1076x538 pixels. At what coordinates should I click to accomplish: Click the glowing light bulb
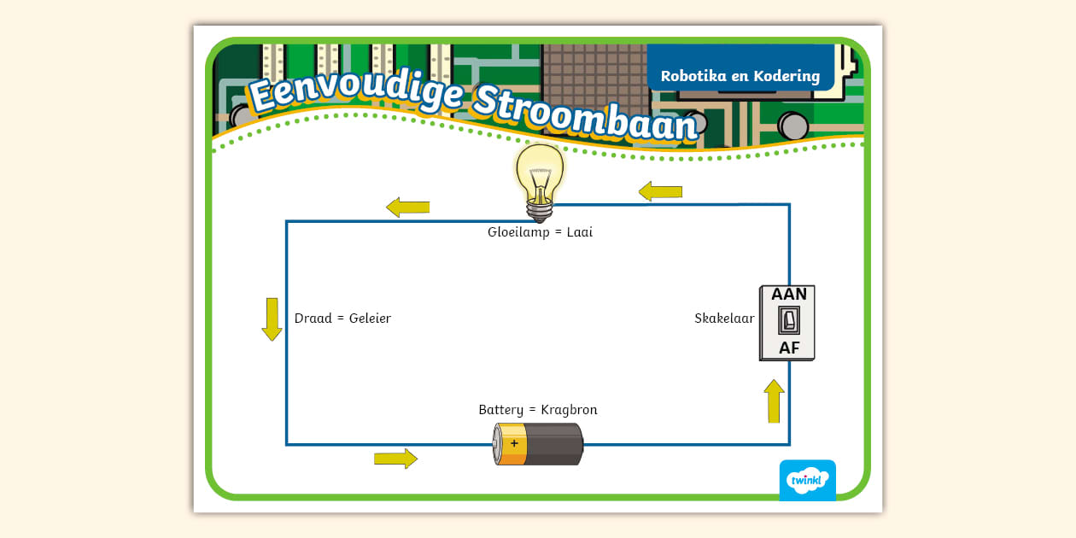(539, 177)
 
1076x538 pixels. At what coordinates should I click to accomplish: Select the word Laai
(579, 232)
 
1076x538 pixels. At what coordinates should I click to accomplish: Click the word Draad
(313, 319)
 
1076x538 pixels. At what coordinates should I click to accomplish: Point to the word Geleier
(370, 319)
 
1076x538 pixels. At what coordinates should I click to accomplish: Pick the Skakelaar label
(724, 319)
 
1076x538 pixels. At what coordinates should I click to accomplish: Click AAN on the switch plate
(788, 295)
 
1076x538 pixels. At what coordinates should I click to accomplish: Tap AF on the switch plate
(788, 348)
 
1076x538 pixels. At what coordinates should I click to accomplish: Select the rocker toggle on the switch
(788, 321)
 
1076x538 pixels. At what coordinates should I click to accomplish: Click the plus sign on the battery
(513, 443)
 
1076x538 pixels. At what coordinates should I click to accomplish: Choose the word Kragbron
(569, 410)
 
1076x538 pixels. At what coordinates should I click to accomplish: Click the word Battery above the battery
(500, 410)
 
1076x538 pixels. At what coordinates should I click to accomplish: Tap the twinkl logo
(807, 480)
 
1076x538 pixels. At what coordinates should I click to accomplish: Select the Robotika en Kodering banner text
(740, 76)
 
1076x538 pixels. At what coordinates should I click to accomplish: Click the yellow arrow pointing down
(272, 319)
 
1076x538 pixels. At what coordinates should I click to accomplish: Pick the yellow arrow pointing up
(774, 401)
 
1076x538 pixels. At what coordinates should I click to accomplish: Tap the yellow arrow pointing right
(395, 459)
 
